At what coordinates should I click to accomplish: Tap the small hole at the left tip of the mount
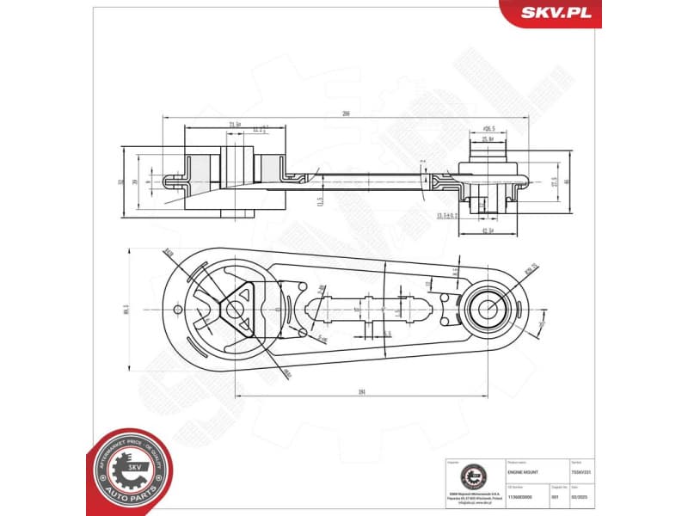point(177,310)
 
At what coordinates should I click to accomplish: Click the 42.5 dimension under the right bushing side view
point(487,230)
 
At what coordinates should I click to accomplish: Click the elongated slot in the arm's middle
point(366,307)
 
